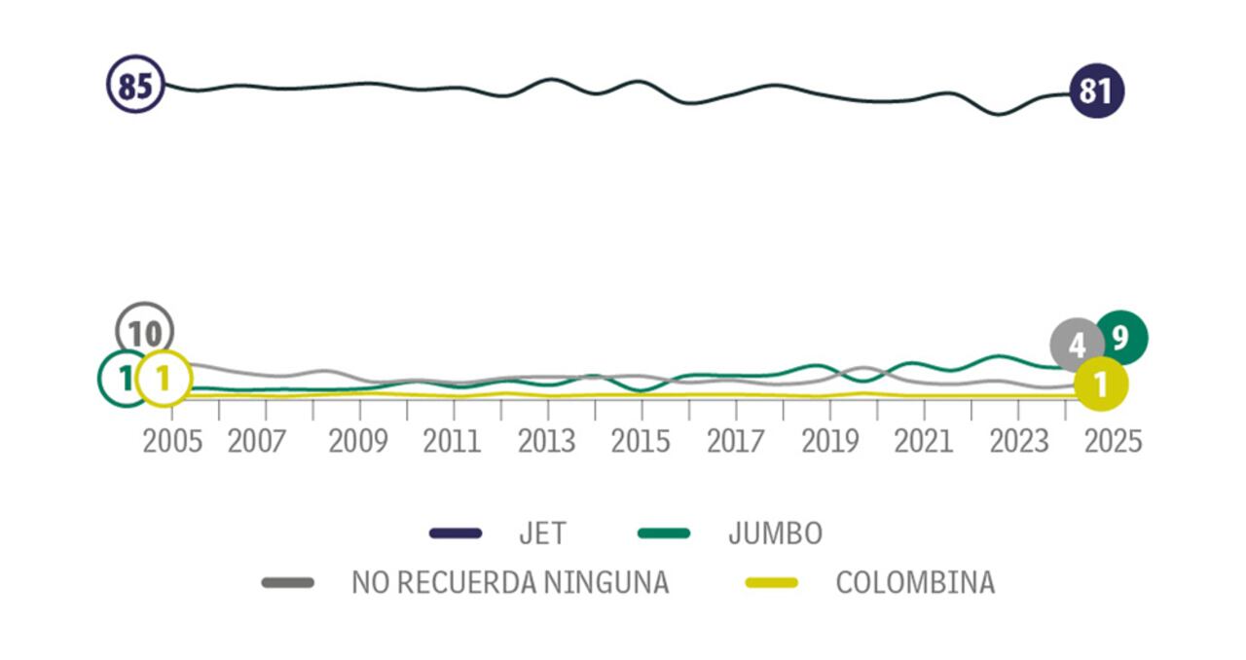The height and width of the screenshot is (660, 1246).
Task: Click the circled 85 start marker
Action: tap(135, 85)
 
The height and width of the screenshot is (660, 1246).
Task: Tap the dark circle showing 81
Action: tap(1096, 92)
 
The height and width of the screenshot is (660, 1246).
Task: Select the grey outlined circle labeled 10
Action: tap(144, 331)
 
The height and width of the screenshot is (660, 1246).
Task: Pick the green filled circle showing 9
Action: tap(1121, 338)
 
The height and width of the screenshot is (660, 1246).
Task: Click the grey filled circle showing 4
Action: tap(1077, 345)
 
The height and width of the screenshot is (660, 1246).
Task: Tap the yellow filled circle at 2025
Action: tap(1101, 384)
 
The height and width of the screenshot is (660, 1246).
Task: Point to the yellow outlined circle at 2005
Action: tap(164, 379)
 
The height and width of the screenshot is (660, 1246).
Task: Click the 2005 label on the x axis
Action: tap(172, 441)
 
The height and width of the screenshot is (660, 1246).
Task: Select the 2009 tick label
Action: tap(359, 441)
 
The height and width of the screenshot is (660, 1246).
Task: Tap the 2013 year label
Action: tap(547, 441)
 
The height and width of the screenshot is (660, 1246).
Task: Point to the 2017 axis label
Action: tap(735, 441)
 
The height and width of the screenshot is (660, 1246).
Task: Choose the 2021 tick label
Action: tap(923, 441)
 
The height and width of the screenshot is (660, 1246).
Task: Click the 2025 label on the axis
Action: tap(1113, 441)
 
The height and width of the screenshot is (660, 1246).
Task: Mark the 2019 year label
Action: tap(829, 441)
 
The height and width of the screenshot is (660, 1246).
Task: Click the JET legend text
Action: tap(542, 533)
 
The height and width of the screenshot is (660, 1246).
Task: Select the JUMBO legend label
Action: tap(775, 533)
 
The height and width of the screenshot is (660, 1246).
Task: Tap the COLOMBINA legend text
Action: tap(915, 582)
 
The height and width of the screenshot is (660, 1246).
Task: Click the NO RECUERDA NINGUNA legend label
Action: tap(510, 582)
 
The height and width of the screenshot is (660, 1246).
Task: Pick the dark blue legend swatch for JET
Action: tap(456, 533)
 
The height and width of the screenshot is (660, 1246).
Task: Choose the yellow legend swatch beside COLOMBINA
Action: tap(771, 582)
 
